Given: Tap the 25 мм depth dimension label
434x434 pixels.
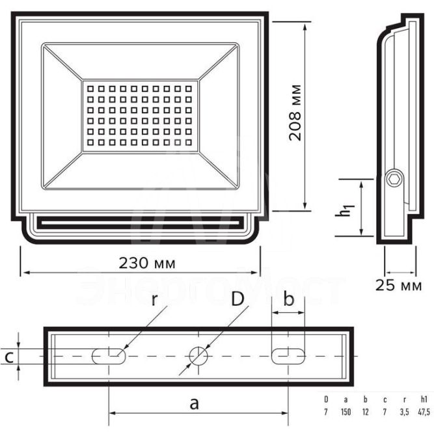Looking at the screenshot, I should click(400, 285).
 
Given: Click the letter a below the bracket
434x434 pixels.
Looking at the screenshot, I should click(194, 403).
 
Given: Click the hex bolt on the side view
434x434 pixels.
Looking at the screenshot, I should click(393, 180).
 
